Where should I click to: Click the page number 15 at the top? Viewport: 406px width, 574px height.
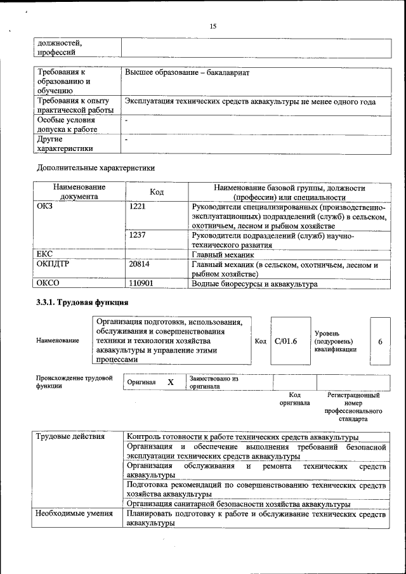[x=213, y=26]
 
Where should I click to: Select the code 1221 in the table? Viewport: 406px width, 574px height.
[x=138, y=207]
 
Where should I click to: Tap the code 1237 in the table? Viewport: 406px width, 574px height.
[x=138, y=235]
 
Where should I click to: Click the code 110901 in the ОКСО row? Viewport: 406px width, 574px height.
[x=141, y=284]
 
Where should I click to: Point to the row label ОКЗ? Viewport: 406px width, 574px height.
[x=44, y=207]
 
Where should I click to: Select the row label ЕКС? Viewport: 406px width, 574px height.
[x=44, y=254]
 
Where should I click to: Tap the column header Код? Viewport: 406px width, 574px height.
[x=157, y=192]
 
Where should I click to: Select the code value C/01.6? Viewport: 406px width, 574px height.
[x=286, y=341]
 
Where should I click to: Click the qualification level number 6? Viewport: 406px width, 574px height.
[x=380, y=341]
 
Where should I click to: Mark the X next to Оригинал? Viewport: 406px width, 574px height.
[x=170, y=382]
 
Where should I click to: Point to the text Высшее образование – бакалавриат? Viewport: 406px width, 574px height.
[x=187, y=73]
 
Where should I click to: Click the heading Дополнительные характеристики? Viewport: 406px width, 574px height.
[x=95, y=168]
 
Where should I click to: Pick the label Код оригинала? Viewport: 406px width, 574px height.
[x=294, y=399]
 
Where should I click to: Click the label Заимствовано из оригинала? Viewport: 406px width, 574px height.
[x=213, y=382]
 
